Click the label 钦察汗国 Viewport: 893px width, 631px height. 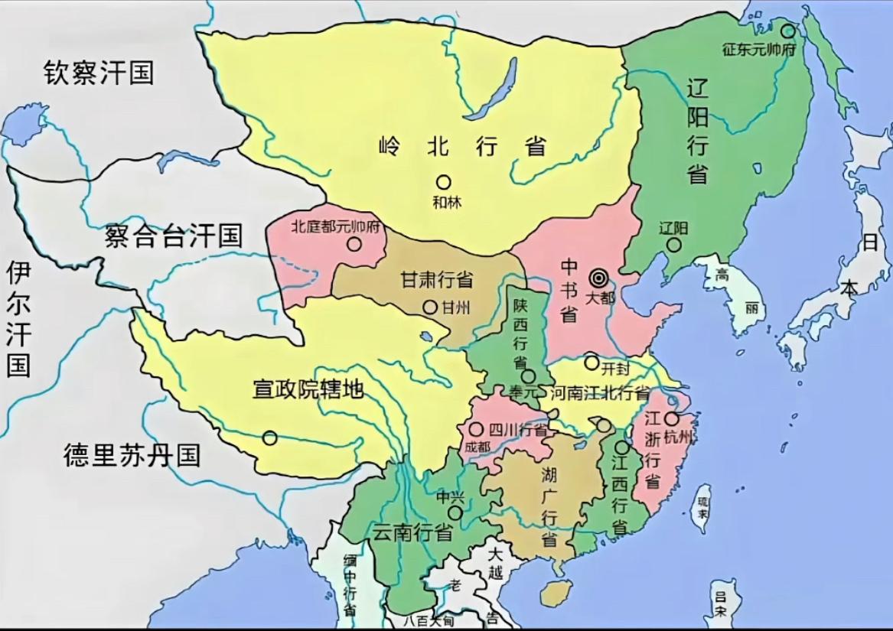(x=99, y=73)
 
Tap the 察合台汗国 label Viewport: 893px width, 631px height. (x=174, y=235)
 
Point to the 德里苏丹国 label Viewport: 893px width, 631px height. (x=132, y=455)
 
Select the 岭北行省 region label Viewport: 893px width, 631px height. (x=463, y=145)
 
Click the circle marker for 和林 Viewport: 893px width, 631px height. (x=443, y=182)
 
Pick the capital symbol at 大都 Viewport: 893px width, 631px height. (x=598, y=278)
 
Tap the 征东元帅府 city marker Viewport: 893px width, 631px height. (x=787, y=31)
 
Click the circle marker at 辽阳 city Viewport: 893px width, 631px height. (x=673, y=245)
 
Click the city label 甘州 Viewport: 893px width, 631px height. (x=456, y=307)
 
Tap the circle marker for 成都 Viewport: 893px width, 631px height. (x=477, y=430)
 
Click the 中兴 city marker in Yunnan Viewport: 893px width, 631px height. (x=456, y=512)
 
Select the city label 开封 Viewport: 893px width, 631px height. (x=616, y=368)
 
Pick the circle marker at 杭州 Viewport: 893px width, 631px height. (x=671, y=418)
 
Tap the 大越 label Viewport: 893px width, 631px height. (x=497, y=563)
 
